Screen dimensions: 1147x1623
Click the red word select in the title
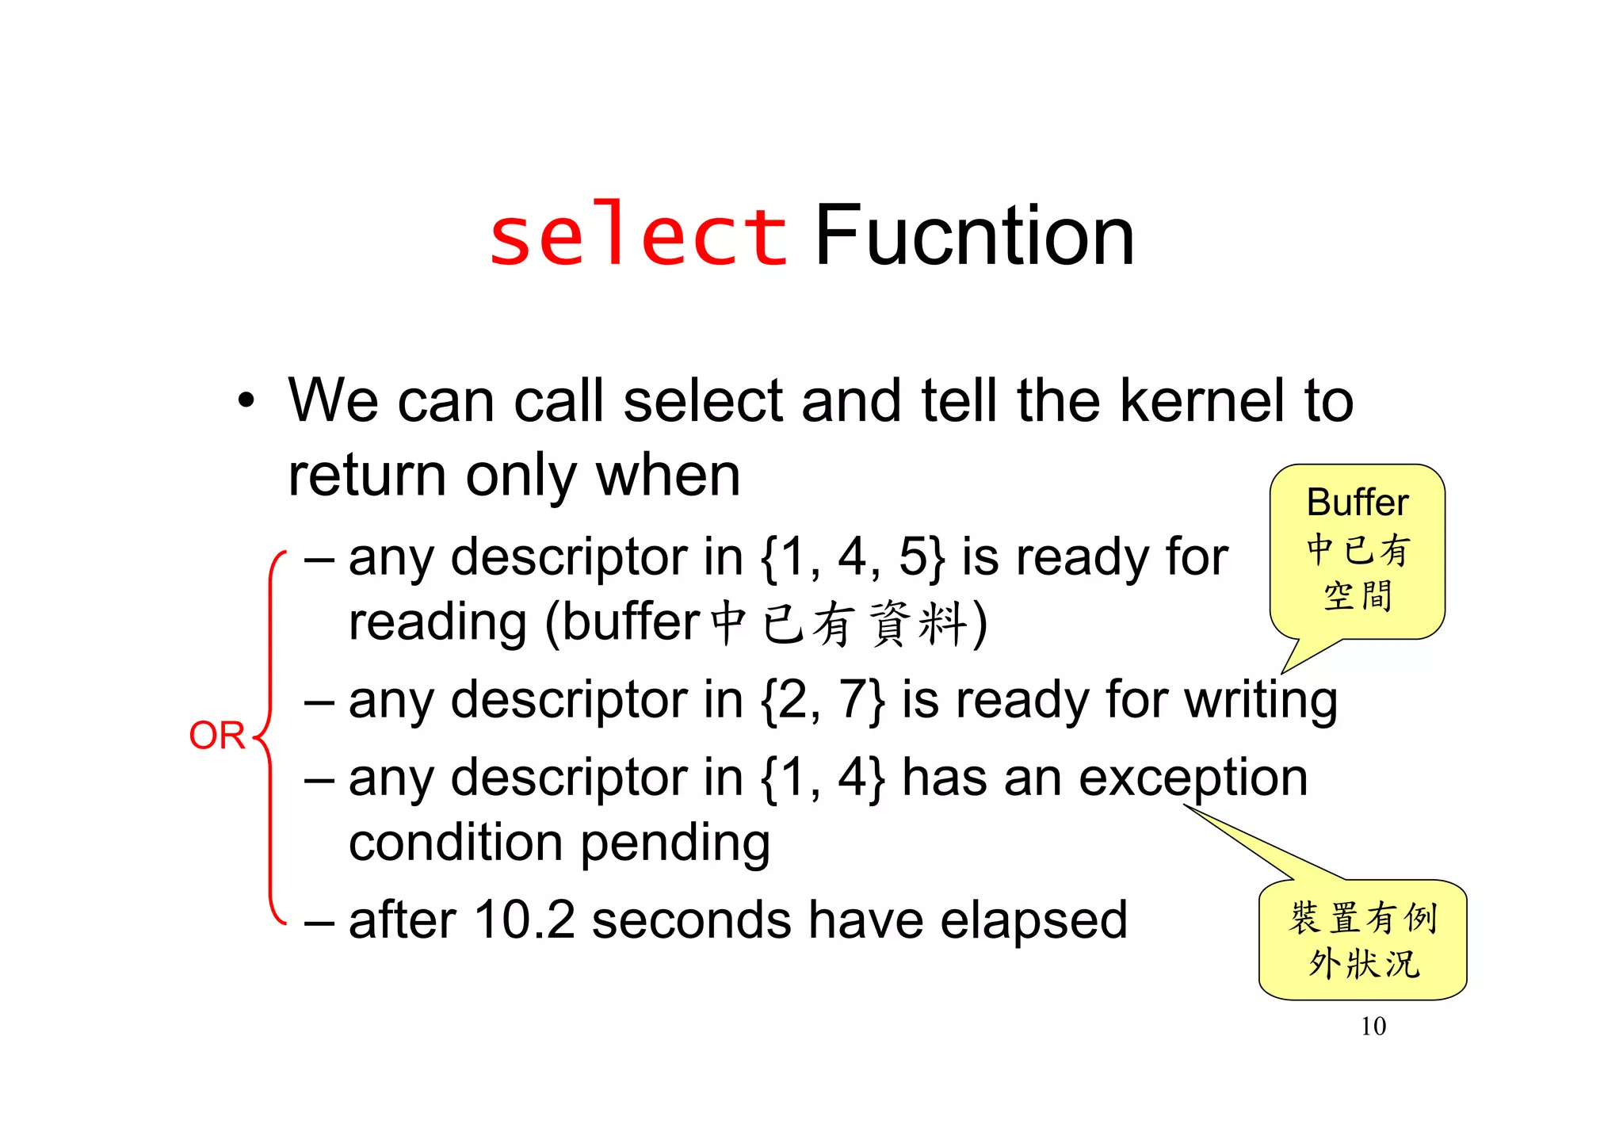point(638,236)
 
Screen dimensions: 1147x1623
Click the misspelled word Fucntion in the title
point(974,236)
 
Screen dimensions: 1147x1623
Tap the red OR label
point(216,736)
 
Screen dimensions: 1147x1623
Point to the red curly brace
point(270,737)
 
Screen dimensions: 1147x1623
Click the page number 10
point(1373,1027)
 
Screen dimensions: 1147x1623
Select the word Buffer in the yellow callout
point(1357,503)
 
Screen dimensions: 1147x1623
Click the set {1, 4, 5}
point(852,557)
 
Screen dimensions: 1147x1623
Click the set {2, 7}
point(822,701)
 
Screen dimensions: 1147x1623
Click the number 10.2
point(524,920)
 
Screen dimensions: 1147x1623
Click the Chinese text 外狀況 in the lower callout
point(1363,964)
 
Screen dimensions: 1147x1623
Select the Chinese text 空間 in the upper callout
point(1357,596)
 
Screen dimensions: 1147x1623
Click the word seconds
point(691,920)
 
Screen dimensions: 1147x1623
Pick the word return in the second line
point(367,476)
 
